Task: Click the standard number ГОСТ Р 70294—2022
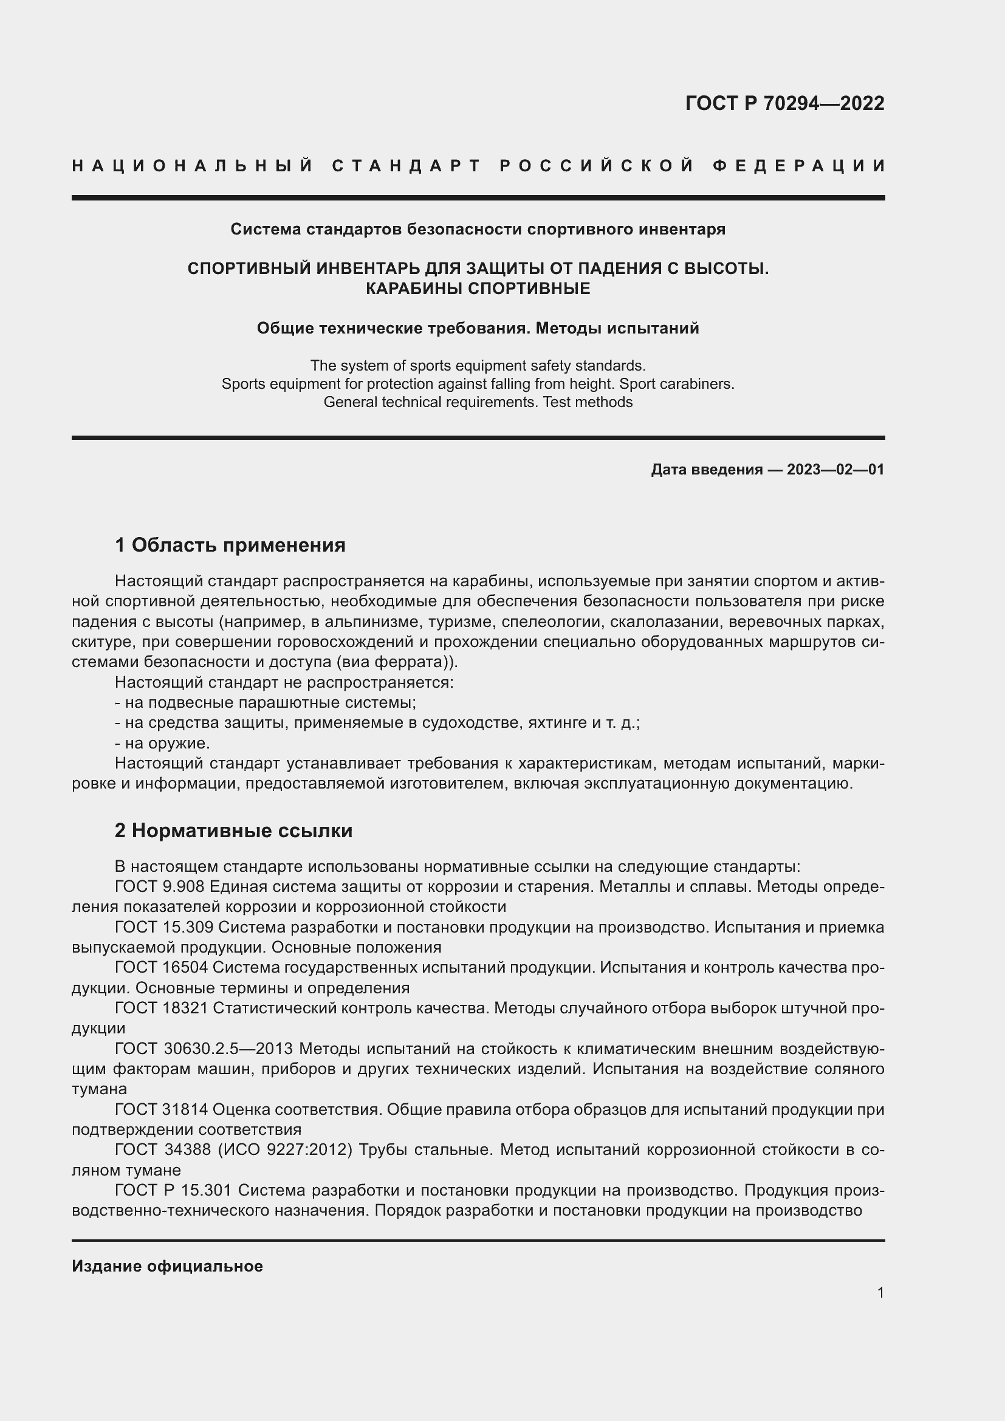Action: [784, 103]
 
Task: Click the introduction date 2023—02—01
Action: [835, 470]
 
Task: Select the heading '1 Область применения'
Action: [230, 545]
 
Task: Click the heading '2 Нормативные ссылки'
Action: [233, 830]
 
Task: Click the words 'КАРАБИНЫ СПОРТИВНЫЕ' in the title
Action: [478, 289]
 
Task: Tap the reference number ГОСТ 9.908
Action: [160, 886]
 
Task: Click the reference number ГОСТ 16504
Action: [162, 967]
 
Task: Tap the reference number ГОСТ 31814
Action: [162, 1110]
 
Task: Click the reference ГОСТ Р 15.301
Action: [173, 1190]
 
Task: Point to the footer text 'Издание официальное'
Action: [167, 1266]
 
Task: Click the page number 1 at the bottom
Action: [880, 1293]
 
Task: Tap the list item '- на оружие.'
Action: [162, 742]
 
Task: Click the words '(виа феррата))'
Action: [397, 662]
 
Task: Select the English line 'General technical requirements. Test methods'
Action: [478, 402]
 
